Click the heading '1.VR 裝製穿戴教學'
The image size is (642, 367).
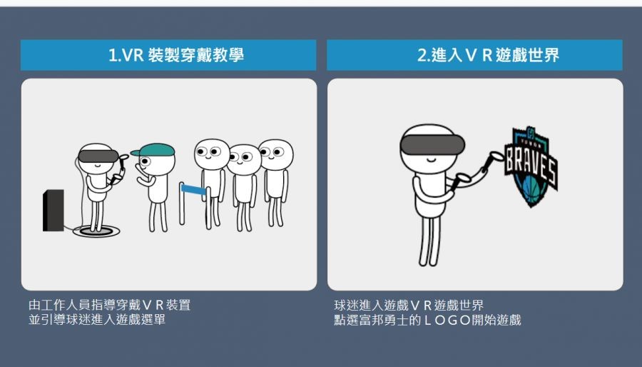click(176, 55)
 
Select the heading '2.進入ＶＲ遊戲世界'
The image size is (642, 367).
click(488, 55)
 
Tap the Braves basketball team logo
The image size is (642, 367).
click(531, 166)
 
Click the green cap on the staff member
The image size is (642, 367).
click(153, 150)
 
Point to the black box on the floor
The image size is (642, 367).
click(53, 210)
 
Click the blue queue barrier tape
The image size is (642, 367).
click(193, 189)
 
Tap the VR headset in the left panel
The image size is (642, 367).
click(98, 156)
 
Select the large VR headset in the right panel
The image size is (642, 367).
click(432, 145)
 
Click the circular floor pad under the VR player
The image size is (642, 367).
click(96, 231)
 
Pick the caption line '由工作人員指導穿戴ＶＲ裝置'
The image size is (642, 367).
click(109, 305)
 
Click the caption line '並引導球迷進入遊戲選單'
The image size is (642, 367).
click(96, 319)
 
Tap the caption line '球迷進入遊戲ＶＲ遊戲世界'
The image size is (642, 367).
click(409, 305)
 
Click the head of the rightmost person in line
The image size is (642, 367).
click(275, 154)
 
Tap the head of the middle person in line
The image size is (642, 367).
click(244, 159)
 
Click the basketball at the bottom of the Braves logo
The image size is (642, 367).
click(531, 191)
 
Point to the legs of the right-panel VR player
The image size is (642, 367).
click(430, 241)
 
